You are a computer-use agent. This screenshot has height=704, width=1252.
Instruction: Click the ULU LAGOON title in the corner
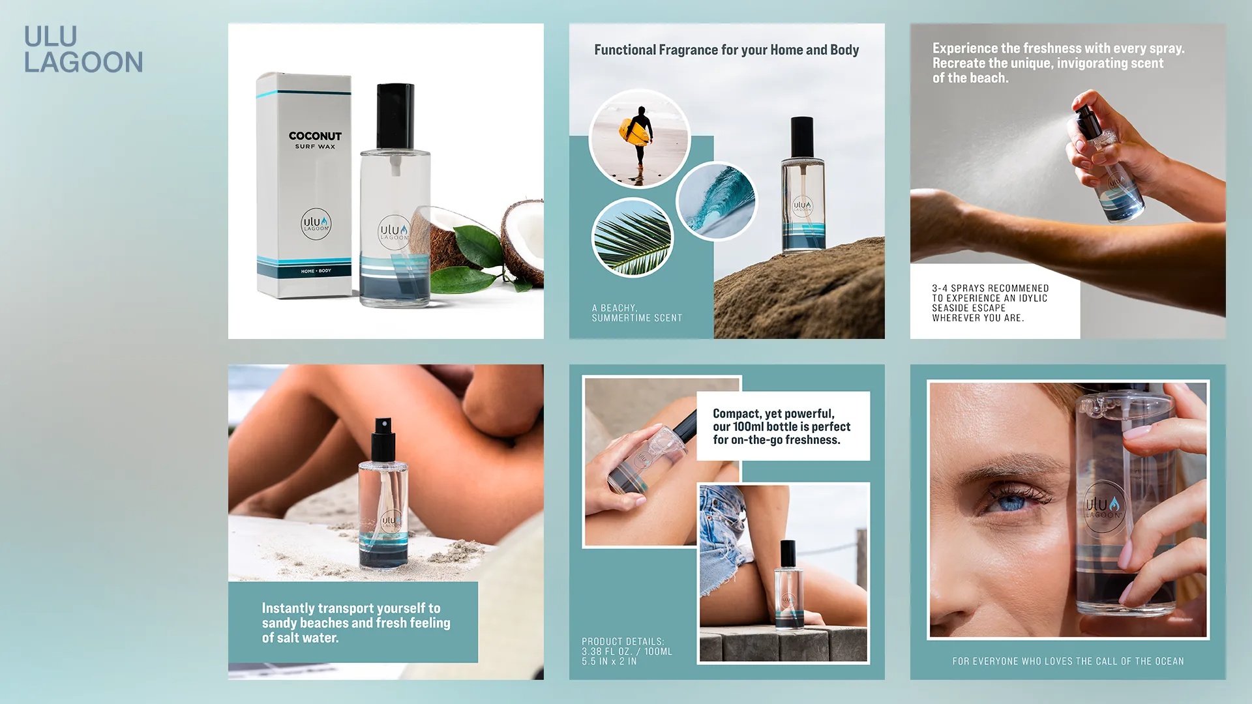tap(83, 50)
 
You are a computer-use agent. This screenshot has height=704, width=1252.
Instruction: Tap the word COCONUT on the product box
tap(315, 136)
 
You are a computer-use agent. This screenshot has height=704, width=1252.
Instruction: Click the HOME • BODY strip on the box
tap(316, 271)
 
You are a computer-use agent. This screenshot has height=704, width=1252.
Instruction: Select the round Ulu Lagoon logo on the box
tap(316, 224)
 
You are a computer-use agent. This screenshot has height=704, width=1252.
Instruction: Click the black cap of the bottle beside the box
tap(395, 116)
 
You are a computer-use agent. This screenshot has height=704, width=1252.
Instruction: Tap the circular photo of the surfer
tap(639, 138)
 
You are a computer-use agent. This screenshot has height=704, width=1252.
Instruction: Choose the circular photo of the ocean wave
tap(716, 201)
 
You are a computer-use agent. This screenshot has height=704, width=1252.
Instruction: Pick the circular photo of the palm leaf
tap(633, 237)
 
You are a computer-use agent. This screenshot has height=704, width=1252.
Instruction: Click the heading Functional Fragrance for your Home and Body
tap(726, 50)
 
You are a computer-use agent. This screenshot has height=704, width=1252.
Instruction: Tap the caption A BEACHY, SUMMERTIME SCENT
tap(636, 313)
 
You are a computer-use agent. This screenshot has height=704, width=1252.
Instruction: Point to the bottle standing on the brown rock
tap(803, 185)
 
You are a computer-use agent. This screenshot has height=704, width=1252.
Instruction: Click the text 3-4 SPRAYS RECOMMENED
tap(990, 288)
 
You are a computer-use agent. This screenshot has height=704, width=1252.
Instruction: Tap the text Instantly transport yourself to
tap(351, 608)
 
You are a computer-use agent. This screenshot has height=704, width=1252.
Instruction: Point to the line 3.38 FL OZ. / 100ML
tap(627, 651)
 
